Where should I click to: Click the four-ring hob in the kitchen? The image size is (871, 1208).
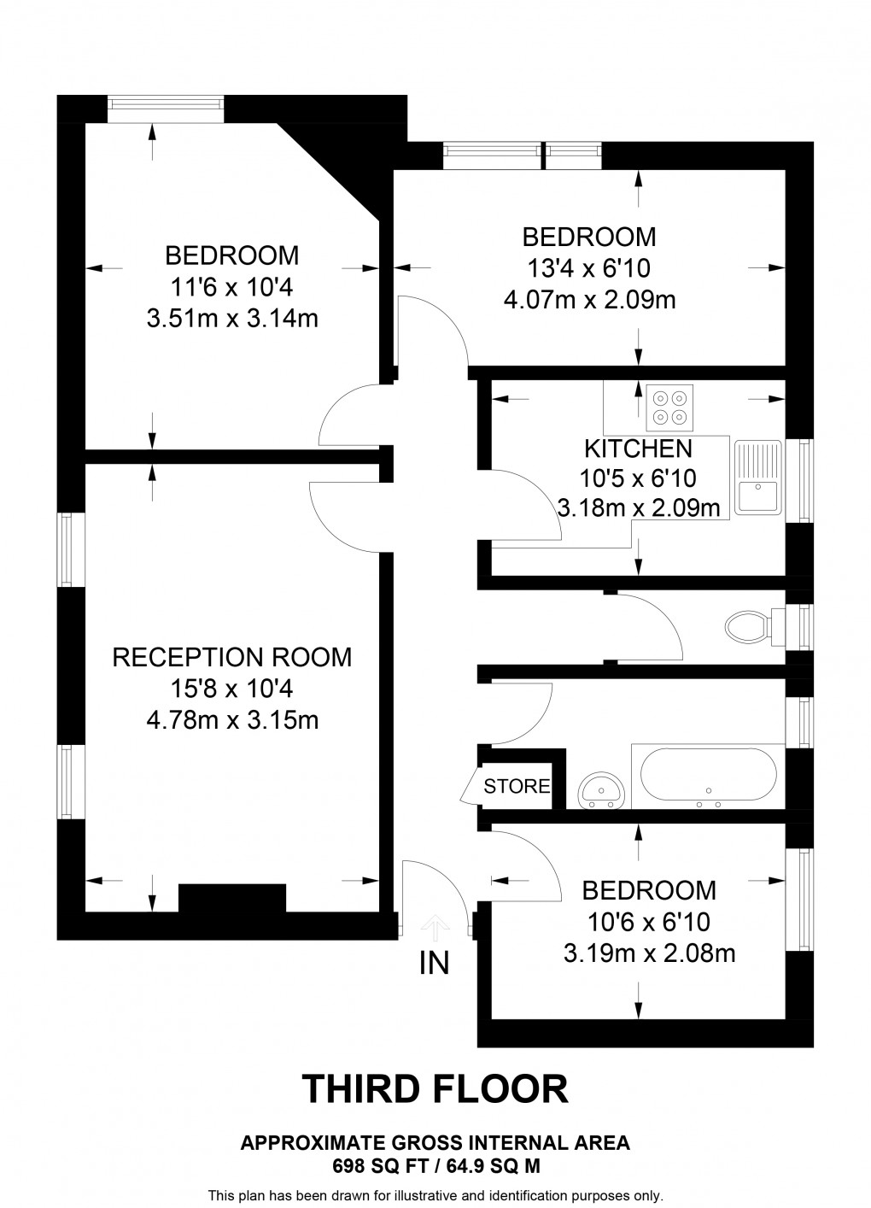tap(668, 408)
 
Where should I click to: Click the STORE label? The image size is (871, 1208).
tap(517, 786)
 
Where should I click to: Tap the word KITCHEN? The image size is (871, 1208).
tap(637, 448)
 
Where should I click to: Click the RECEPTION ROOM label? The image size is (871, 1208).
tap(232, 657)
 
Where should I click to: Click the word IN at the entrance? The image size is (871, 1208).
tap(434, 963)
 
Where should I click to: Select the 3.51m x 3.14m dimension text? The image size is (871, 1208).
tap(232, 319)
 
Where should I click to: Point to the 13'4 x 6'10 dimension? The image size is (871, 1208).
tap(589, 268)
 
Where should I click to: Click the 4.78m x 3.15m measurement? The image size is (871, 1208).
tap(232, 720)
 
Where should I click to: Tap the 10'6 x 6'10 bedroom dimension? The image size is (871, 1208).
tap(648, 922)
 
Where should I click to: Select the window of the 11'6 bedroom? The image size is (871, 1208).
tap(167, 103)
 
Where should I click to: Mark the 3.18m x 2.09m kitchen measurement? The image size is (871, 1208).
tap(637, 509)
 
